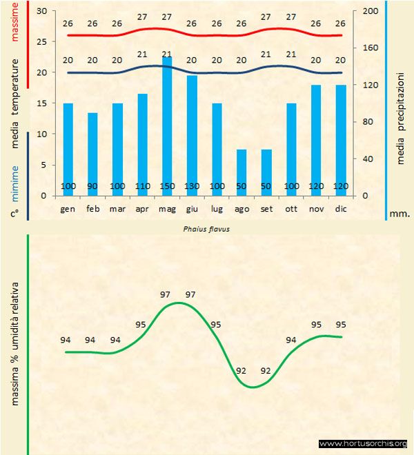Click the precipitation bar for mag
[167, 124]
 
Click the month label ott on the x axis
[291, 208]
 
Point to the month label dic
[341, 208]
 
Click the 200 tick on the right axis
[371, 12]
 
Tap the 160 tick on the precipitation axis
[371, 48]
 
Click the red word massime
[14, 21]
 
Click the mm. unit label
[400, 214]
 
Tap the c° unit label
[14, 213]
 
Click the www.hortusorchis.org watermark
[363, 443]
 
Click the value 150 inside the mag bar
[167, 186]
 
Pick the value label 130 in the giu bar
[192, 186]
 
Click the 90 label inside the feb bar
[92, 186]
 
